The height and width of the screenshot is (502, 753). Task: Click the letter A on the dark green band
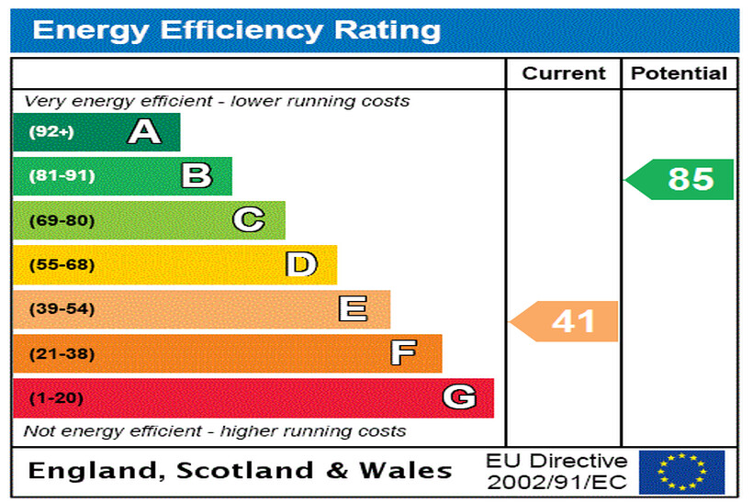coord(144,132)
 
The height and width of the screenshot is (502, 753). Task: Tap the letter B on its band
coord(197,175)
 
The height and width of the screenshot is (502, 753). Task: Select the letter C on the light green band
coord(248,220)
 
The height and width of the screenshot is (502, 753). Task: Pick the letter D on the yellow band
coord(300,264)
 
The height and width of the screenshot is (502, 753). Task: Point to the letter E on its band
coord(353,308)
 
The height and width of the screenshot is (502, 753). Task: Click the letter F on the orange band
coord(403,352)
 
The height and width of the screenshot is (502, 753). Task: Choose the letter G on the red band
coord(459,397)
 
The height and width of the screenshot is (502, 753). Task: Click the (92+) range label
coord(51,132)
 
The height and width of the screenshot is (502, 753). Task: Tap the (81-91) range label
coord(62,176)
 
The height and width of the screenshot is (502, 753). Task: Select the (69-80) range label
coord(62,220)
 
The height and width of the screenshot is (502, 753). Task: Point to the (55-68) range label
coord(62,264)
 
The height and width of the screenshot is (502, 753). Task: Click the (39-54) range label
coord(62,309)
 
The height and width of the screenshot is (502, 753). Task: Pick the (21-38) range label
coord(62,353)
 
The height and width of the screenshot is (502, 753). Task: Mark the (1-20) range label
coord(56,398)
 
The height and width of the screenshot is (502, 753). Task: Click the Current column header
coord(564,74)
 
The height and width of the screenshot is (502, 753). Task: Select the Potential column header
coord(680,74)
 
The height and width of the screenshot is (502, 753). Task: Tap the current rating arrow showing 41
coord(565,321)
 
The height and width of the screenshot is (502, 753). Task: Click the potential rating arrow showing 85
coord(681,179)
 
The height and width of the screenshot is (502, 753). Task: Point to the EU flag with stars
coord(681,472)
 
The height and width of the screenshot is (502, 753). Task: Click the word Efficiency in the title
coord(242,29)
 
